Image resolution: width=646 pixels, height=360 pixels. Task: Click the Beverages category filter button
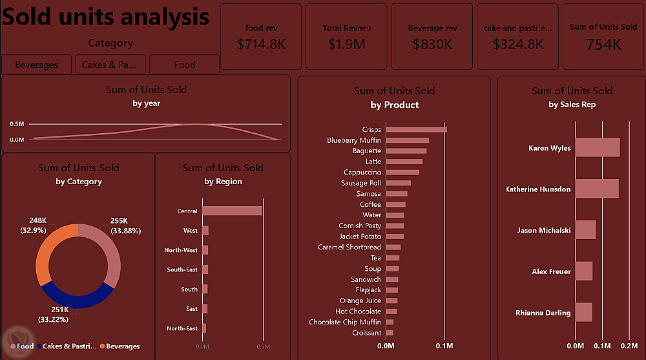tap(36, 65)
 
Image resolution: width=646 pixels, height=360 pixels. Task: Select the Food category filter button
tap(184, 65)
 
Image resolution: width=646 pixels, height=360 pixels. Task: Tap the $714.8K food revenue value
tap(261, 44)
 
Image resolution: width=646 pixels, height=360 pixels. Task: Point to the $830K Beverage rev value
tap(432, 44)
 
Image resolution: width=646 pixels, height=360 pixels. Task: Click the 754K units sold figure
tap(603, 44)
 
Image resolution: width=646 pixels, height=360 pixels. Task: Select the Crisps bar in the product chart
tap(417, 129)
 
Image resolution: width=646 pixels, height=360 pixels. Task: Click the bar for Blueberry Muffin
tap(408, 140)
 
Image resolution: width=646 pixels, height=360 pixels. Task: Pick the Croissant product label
tap(367, 333)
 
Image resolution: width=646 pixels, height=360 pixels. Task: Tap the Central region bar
tap(233, 211)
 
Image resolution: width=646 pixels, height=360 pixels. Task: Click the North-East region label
tap(182, 328)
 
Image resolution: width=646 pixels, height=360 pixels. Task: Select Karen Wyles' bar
tap(598, 147)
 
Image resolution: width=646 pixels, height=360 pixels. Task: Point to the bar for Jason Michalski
tap(585, 229)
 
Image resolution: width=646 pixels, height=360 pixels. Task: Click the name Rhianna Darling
tap(543, 313)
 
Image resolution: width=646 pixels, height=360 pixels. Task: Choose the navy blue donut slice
tap(78, 299)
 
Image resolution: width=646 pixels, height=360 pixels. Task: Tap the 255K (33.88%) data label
tap(126, 226)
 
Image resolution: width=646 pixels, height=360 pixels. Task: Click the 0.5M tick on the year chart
tap(17, 123)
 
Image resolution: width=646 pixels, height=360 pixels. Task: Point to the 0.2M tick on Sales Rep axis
tap(629, 346)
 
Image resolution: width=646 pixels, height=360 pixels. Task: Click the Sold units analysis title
tap(106, 17)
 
